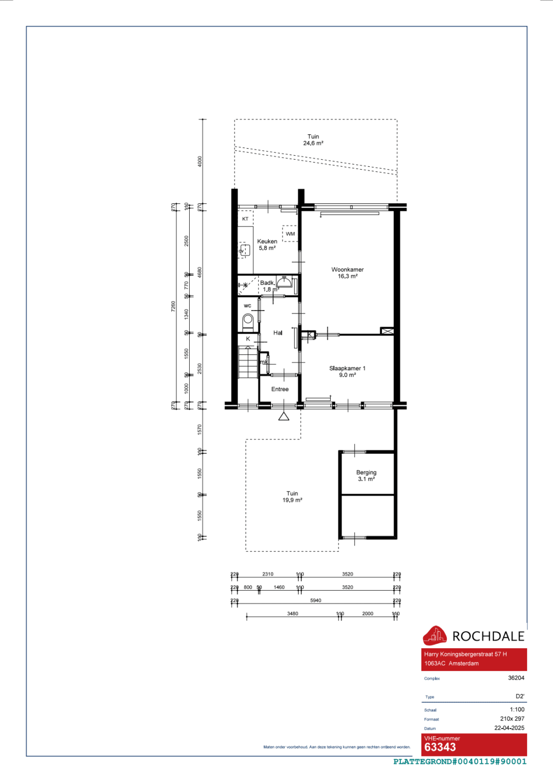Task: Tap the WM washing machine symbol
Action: click(x=290, y=234)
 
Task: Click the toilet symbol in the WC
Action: click(x=248, y=320)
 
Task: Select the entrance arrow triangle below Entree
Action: click(x=284, y=416)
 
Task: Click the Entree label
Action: click(x=280, y=389)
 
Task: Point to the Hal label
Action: click(x=278, y=333)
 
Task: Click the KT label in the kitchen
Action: click(x=245, y=219)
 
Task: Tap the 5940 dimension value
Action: click(x=315, y=600)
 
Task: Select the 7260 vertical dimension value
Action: click(x=173, y=306)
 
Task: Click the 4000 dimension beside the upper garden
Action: click(x=200, y=161)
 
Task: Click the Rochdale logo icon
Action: click(x=435, y=636)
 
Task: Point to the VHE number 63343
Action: click(x=440, y=747)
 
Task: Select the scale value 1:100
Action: click(x=517, y=710)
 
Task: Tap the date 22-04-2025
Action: click(x=509, y=728)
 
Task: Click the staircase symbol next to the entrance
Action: click(x=248, y=362)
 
